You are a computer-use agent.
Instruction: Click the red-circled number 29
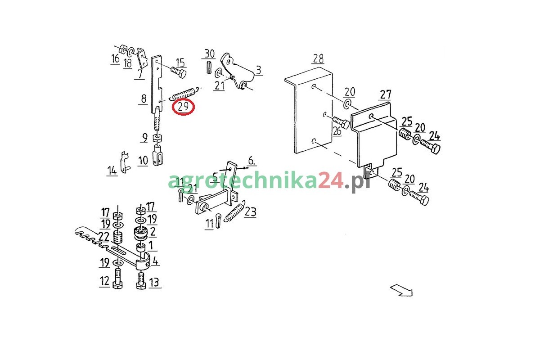[183, 107]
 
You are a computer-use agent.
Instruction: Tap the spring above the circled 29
[185, 93]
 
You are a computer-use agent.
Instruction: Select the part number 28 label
[318, 58]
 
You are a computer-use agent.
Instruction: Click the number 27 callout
[386, 94]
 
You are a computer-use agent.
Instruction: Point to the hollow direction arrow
[402, 290]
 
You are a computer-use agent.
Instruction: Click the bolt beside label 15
[179, 72]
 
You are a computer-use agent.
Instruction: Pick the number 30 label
[210, 54]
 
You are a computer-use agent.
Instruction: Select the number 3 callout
[259, 70]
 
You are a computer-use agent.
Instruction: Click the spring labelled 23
[235, 211]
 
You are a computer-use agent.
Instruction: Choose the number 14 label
[112, 171]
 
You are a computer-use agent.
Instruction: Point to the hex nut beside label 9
[157, 138]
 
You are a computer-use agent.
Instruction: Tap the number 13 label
[154, 282]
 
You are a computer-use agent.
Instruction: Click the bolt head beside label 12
[117, 284]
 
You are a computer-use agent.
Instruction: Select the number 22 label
[104, 237]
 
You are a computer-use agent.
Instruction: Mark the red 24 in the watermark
[331, 180]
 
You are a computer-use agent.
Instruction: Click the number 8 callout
[144, 99]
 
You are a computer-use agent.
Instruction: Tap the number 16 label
[115, 58]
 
